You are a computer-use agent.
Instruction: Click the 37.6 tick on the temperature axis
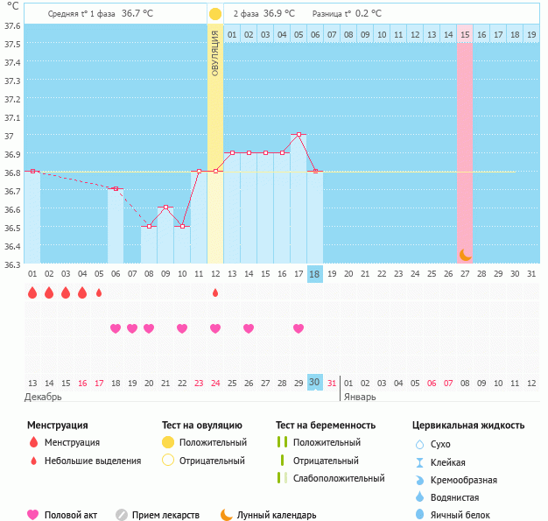click(x=13, y=25)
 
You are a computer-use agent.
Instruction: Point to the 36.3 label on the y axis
click(x=13, y=264)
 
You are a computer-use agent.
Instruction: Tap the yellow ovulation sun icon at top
click(x=215, y=14)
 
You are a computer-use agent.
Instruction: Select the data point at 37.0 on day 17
click(x=299, y=135)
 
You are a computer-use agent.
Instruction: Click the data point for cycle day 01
click(x=32, y=172)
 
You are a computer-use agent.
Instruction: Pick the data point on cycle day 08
click(x=149, y=227)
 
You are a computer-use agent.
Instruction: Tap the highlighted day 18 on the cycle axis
click(x=315, y=274)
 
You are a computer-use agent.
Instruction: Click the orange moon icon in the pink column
click(x=465, y=255)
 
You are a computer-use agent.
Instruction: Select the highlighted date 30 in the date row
click(x=315, y=383)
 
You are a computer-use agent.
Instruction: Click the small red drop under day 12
click(x=215, y=293)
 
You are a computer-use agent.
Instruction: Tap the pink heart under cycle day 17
click(x=299, y=328)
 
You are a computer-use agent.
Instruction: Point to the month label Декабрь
click(x=43, y=397)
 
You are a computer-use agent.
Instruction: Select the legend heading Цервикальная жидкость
click(x=468, y=426)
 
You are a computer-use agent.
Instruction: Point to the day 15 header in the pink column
click(x=465, y=34)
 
